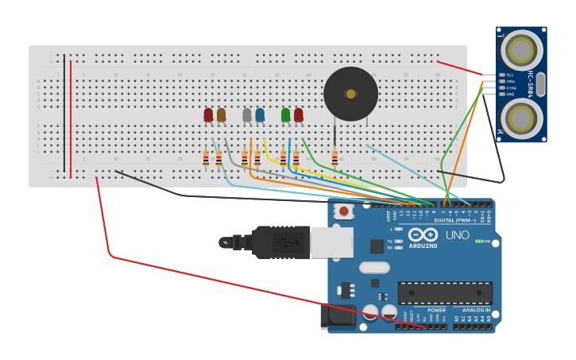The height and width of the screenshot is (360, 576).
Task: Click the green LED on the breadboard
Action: coord(285,115)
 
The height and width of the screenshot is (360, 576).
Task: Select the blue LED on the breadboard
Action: coord(260,115)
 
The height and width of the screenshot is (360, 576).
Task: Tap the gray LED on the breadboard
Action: coord(247,115)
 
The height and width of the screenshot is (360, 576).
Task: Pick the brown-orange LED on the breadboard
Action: coord(221,115)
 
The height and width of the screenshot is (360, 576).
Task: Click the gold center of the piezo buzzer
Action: coord(350,94)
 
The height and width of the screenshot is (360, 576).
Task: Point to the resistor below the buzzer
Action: coord(334,158)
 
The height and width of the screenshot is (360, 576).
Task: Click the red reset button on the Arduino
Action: coord(343,211)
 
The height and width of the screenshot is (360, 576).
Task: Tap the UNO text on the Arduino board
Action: coord(457,235)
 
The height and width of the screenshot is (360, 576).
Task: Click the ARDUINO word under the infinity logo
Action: coord(423,246)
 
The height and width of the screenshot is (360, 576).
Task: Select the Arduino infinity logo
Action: coord(423,234)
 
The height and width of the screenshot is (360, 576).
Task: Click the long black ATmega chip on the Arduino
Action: coord(445,292)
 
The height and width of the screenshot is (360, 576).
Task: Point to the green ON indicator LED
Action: coord(478,241)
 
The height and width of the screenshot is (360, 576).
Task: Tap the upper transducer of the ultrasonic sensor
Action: coord(521,50)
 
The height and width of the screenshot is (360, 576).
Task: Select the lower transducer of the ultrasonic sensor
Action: coord(521,119)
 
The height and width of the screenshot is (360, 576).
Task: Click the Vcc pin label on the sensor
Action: coord(509,75)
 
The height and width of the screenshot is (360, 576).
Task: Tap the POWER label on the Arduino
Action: coord(436,310)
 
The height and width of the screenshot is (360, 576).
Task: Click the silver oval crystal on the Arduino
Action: coord(374,268)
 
